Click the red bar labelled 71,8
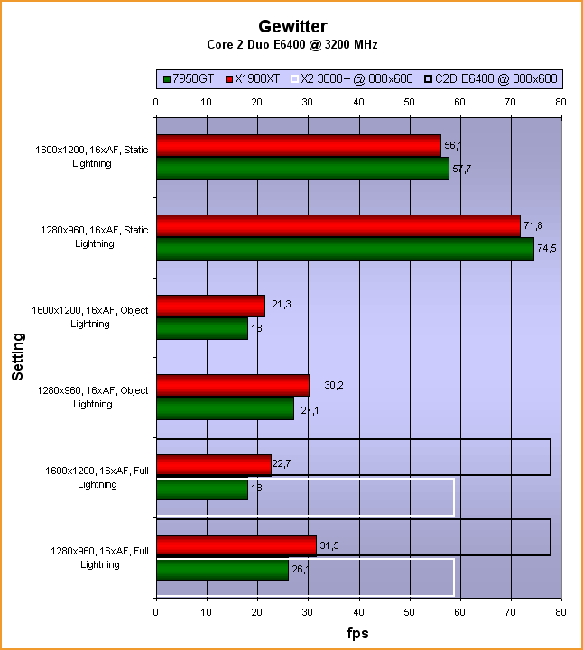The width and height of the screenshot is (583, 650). (x=338, y=226)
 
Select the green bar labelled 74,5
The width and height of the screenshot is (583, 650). (x=345, y=249)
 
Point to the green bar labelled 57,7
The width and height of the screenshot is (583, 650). (x=302, y=169)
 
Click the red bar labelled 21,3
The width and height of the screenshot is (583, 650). (x=210, y=307)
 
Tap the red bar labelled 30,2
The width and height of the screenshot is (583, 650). (x=232, y=386)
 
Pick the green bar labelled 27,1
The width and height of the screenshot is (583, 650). (x=225, y=408)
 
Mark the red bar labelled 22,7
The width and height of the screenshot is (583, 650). (x=214, y=465)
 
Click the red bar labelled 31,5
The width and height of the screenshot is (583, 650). (x=236, y=545)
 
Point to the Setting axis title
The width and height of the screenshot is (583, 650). (x=18, y=357)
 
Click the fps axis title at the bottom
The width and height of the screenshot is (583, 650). (x=358, y=633)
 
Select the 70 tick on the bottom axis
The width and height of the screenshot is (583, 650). (x=511, y=612)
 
